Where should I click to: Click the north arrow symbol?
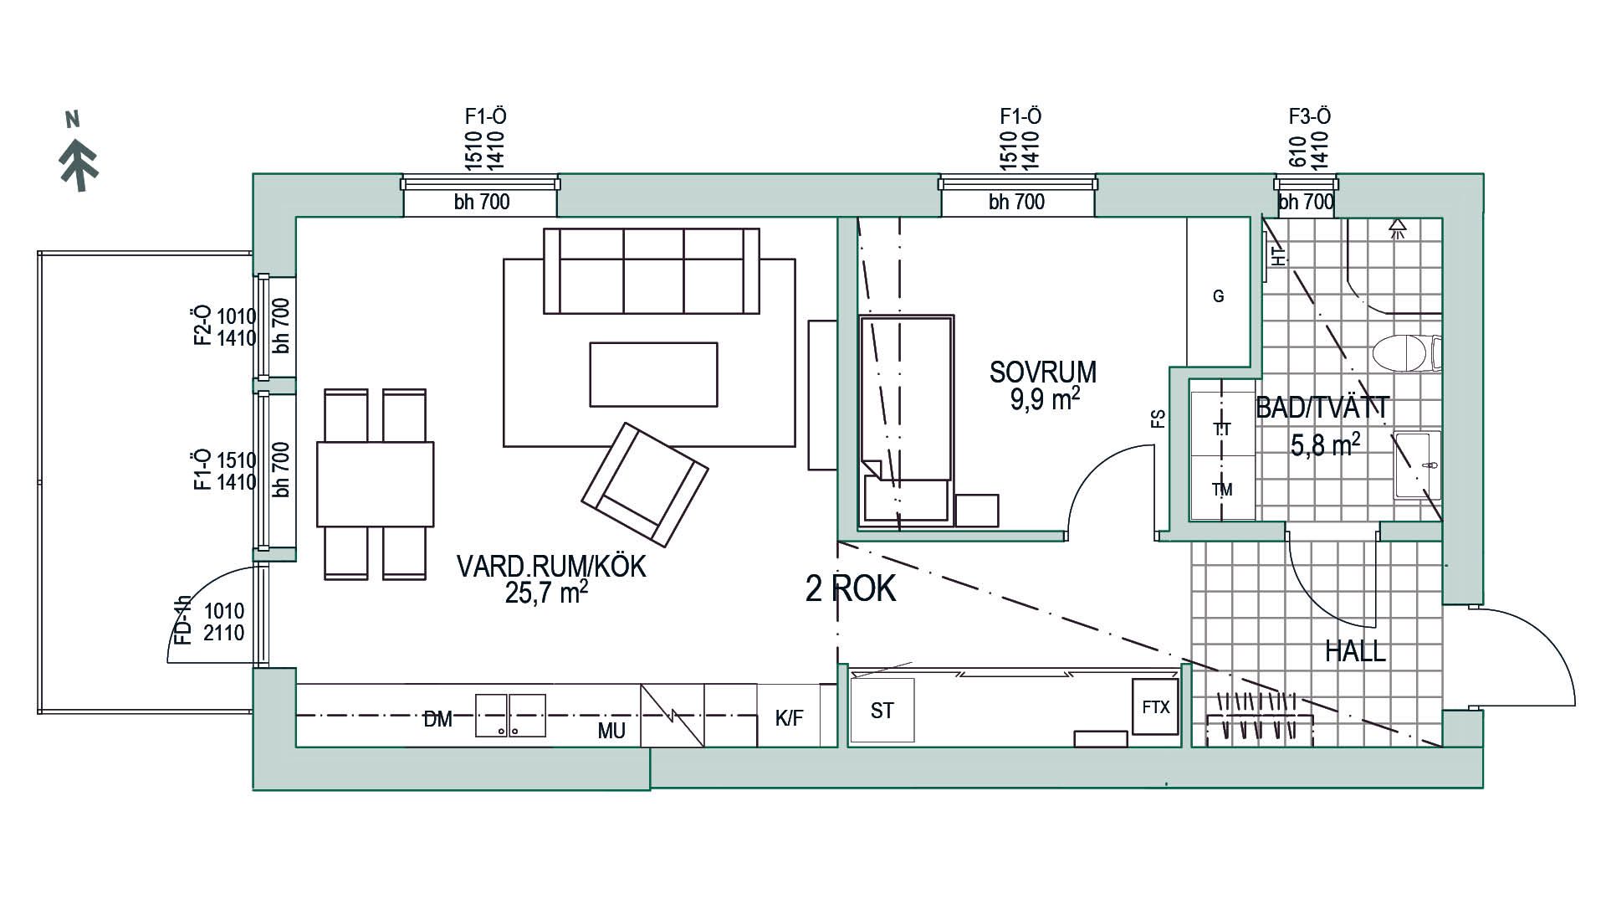79,163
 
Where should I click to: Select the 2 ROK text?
850,589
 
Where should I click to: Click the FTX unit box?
1155,707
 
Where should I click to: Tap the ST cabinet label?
882,711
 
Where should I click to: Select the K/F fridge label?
788,717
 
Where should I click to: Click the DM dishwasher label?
437,718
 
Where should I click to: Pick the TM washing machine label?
1222,490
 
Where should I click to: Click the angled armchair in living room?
645,485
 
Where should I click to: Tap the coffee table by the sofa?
652,374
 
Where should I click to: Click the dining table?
375,484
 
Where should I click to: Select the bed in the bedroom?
907,419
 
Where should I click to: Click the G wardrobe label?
1218,295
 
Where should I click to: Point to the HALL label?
1354,651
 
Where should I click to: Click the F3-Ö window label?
1309,116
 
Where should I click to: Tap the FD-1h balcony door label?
183,620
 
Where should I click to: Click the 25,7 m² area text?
545,593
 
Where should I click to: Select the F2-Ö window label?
202,326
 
